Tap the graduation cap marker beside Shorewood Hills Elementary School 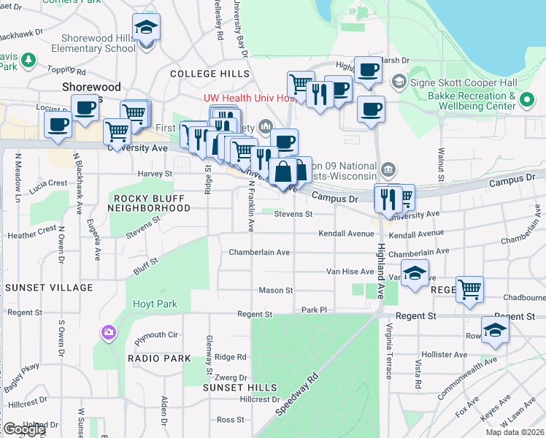(147, 29)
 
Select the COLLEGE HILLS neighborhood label (204, 74)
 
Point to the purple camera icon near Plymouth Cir (109, 333)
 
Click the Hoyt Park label (151, 304)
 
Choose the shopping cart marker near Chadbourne (469, 289)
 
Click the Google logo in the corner (24, 429)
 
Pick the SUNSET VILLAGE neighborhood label (49, 288)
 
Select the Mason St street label (276, 291)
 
